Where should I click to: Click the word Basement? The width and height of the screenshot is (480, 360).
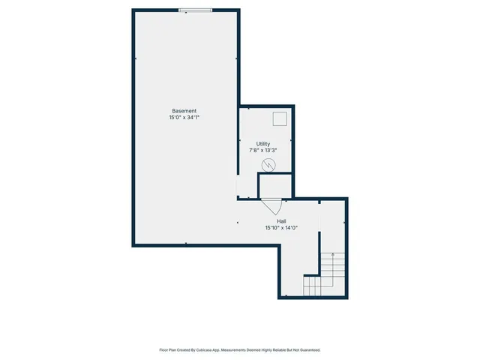coord(184,111)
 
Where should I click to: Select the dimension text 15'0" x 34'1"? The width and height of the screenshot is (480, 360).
coord(184,118)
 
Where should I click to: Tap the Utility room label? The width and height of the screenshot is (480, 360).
coord(262,144)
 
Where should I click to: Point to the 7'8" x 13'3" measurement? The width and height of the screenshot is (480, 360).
coord(262,151)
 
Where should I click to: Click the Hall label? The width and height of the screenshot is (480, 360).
coord(280,221)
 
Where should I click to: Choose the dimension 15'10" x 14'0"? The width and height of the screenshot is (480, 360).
coord(280,228)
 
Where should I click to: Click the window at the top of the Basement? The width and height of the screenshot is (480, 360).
coord(194,10)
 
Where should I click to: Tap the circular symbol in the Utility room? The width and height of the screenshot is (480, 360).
coord(268,164)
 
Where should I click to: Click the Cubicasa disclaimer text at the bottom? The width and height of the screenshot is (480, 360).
coord(240,349)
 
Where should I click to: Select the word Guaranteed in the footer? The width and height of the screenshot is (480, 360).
coord(306,349)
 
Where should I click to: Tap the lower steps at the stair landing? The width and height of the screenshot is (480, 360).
coord(312,286)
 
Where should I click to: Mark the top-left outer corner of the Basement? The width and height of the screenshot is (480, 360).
coord(133,10)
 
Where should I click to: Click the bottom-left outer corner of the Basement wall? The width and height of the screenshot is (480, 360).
coord(133,245)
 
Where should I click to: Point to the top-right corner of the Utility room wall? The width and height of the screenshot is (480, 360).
coord(294,106)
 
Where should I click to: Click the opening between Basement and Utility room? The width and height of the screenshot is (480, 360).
coord(238,186)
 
